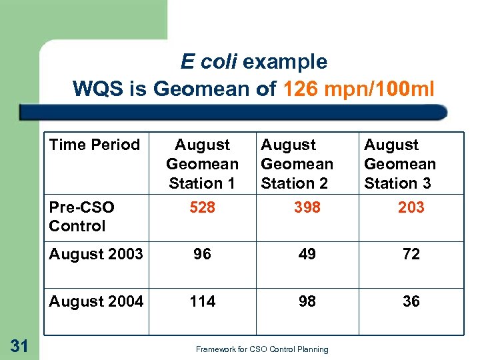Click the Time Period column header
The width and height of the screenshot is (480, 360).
tap(94, 145)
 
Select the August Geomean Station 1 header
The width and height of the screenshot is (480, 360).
tap(202, 164)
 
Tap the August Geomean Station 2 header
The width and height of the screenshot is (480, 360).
tap(297, 164)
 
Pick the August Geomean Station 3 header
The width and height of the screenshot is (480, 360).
tap(399, 164)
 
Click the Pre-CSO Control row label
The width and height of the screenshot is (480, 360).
tap(77, 217)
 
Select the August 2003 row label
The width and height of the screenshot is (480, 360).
tap(96, 254)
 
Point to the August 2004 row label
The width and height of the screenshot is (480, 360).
tap(96, 301)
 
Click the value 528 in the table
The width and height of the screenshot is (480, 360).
tap(202, 207)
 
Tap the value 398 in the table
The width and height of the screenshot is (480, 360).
tap(307, 207)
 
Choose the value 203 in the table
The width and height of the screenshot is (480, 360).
tap(411, 207)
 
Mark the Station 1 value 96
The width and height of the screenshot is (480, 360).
tap(202, 254)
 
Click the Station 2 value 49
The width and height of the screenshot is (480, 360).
tap(307, 254)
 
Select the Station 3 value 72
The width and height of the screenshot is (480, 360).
tap(411, 254)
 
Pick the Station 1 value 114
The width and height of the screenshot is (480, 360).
tap(202, 301)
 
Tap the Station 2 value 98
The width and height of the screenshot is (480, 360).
tap(307, 301)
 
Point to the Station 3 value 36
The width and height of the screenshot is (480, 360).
tap(411, 301)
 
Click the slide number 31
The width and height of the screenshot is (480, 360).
tap(20, 345)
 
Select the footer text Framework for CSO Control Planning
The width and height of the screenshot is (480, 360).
tap(262, 349)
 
